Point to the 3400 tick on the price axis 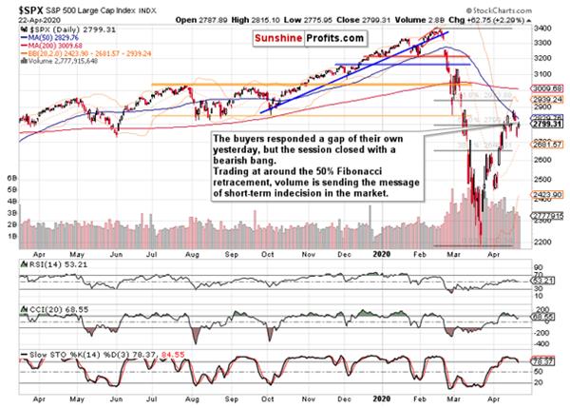(x=543, y=29)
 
